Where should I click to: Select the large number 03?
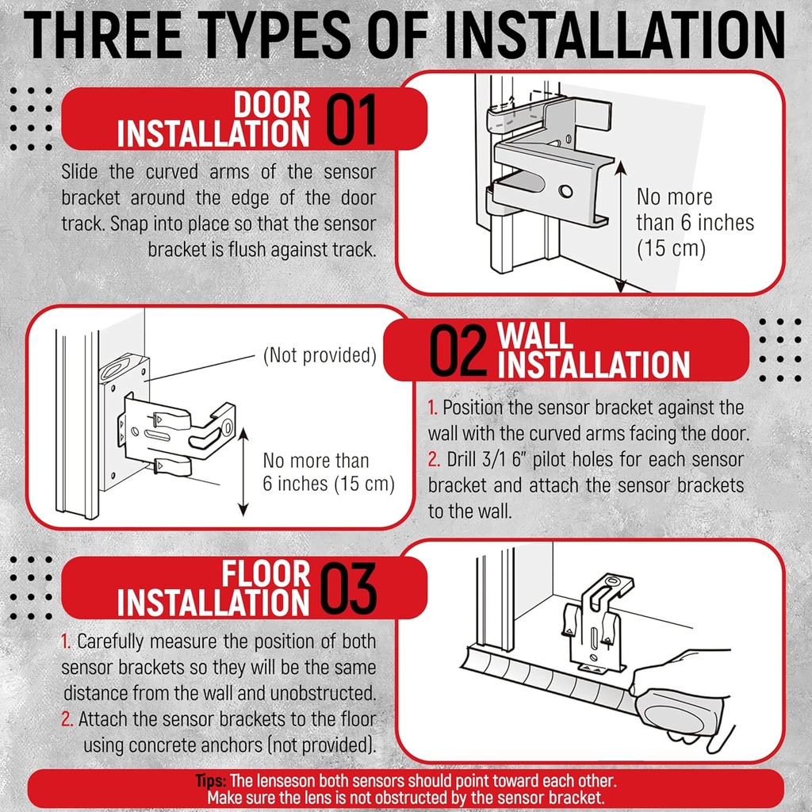tap(349, 589)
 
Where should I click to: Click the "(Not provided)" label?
tap(319, 355)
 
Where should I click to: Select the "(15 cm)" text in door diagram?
tap(671, 247)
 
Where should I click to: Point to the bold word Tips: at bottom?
tap(212, 780)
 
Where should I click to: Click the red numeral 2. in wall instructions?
tap(433, 459)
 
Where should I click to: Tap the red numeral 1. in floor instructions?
tap(67, 641)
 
